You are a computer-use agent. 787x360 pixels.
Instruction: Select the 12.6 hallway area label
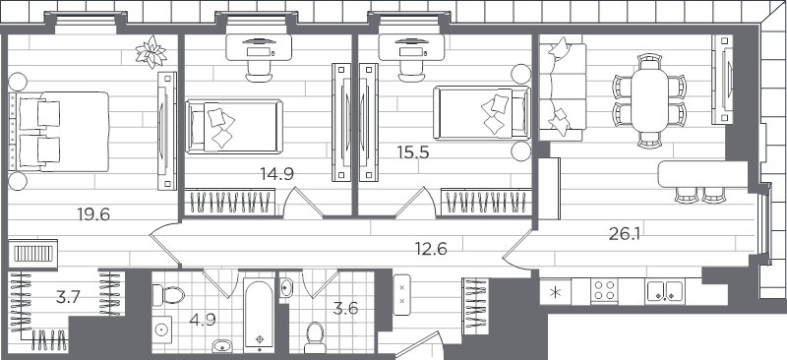[x=430, y=248]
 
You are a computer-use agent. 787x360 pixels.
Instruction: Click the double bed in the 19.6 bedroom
[x=58, y=131]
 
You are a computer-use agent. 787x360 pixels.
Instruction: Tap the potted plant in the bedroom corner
[x=151, y=50]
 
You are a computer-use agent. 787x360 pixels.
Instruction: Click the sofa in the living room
[x=561, y=86]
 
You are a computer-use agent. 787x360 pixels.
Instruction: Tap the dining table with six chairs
[x=649, y=98]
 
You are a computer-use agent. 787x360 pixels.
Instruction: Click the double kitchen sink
[x=664, y=291]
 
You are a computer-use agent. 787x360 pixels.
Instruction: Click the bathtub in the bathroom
[x=259, y=318]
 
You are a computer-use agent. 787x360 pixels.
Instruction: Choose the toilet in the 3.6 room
[x=316, y=335]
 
